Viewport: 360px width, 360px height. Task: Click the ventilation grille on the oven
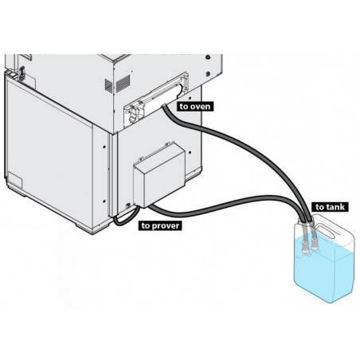(121, 84)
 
